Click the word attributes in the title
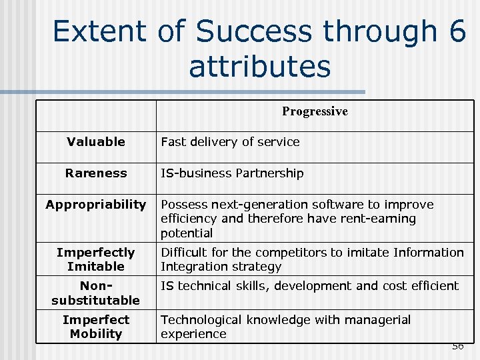point(259,66)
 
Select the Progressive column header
point(315,111)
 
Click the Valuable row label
point(96,141)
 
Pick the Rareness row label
point(96,173)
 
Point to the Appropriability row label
point(96,205)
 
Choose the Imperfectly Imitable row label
point(96,259)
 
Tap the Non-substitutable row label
point(96,293)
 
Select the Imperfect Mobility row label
point(96,327)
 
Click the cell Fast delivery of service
point(231,141)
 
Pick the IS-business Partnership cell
point(232,173)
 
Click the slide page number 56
point(457,346)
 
